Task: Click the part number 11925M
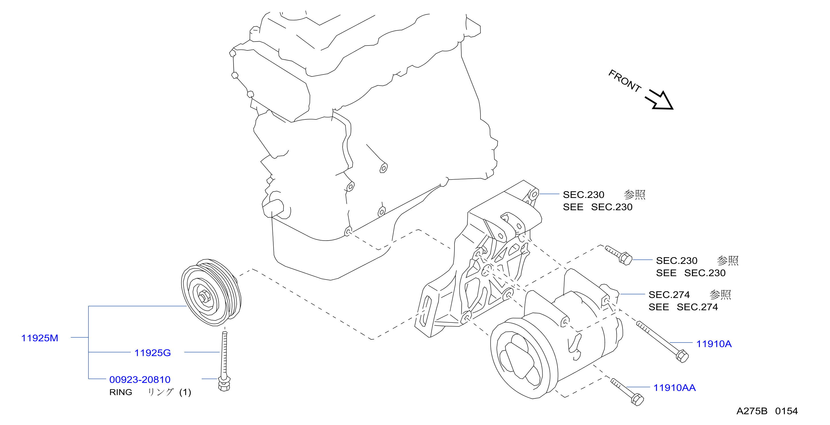coord(39,338)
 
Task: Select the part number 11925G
coord(152,353)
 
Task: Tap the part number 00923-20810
coord(140,379)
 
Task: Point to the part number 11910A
coord(714,344)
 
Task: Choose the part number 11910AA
coord(674,387)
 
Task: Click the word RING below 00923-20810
coord(121,392)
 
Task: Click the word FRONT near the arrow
coord(625,81)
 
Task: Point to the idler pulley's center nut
coord(204,296)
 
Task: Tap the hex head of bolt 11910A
coord(682,356)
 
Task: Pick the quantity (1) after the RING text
coord(185,392)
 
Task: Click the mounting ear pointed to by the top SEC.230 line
coord(533,194)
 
